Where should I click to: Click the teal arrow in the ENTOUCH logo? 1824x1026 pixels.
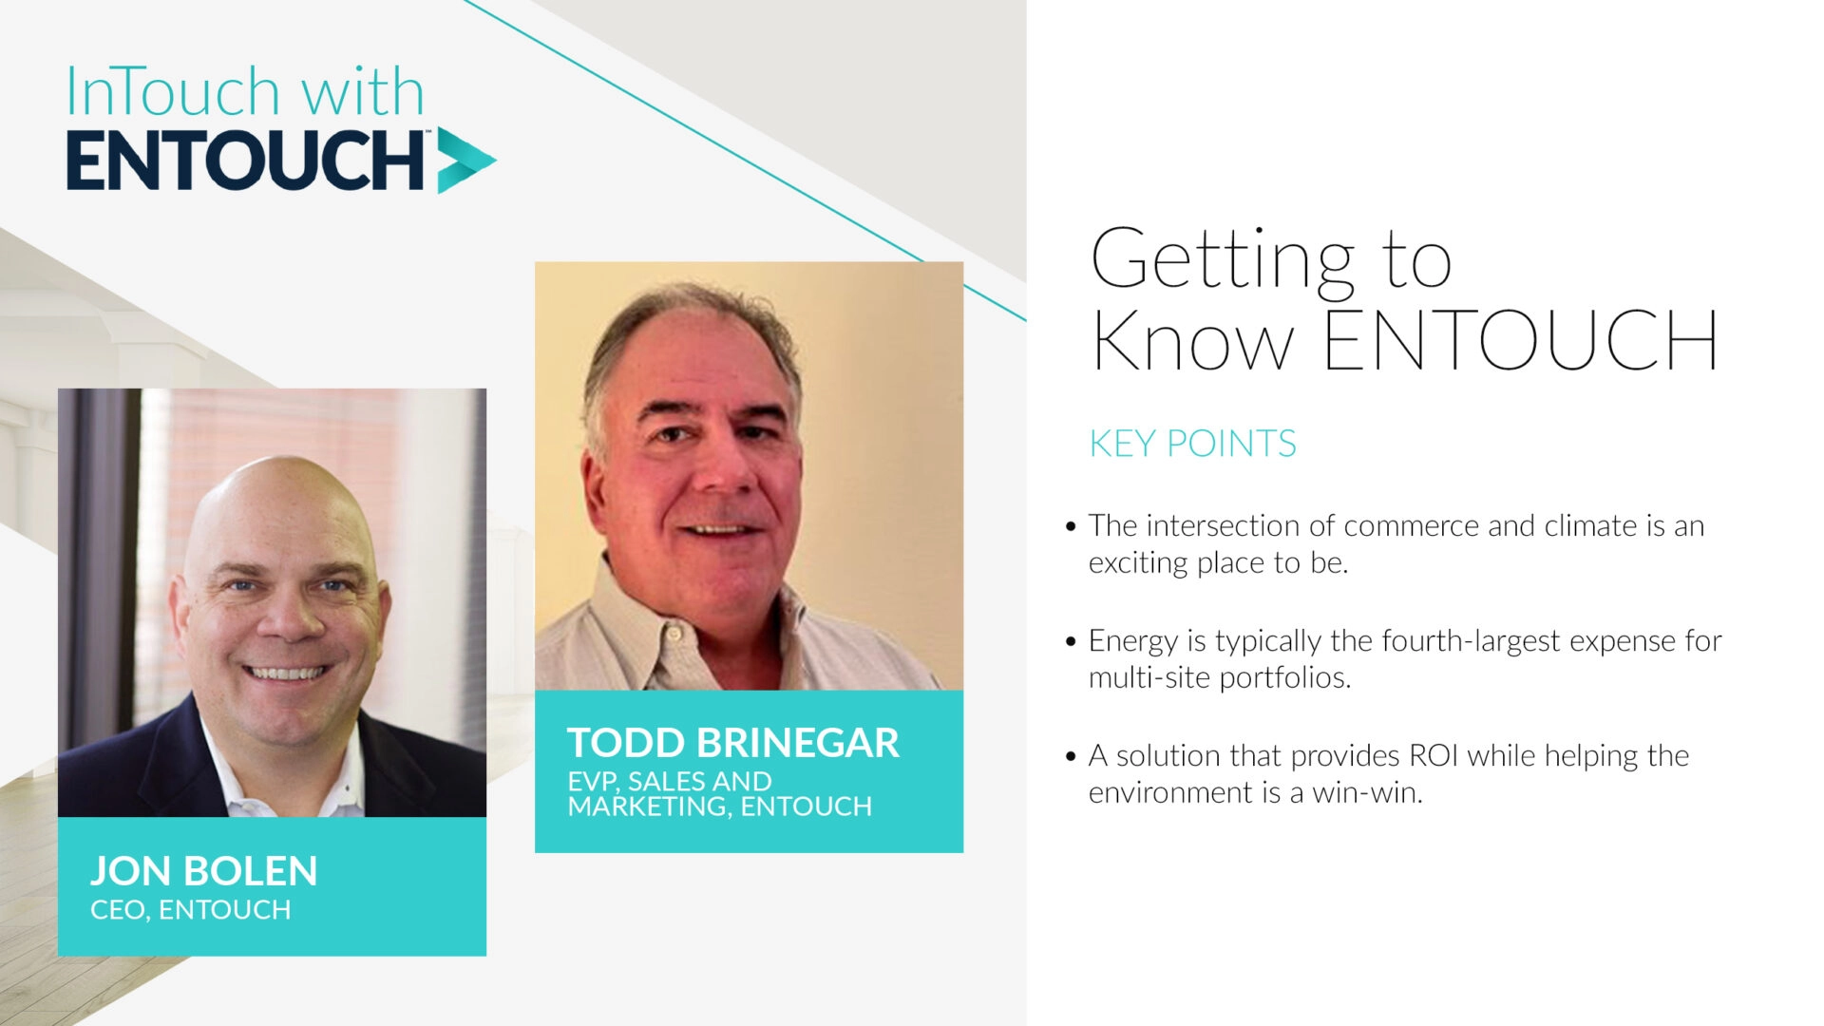(x=464, y=161)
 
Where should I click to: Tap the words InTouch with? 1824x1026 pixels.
(x=244, y=93)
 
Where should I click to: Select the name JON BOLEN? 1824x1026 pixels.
(x=203, y=871)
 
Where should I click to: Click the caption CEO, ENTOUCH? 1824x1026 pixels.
(x=190, y=910)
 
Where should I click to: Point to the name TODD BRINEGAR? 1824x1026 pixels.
(x=732, y=743)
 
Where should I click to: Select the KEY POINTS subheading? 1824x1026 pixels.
(x=1191, y=444)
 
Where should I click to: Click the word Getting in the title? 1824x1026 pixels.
(x=1222, y=259)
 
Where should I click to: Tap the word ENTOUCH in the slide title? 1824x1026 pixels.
(x=1520, y=340)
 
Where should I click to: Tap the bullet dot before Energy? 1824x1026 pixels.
(x=1071, y=642)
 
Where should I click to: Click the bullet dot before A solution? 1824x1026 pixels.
(x=1071, y=757)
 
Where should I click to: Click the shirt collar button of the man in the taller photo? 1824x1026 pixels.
(x=673, y=634)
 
